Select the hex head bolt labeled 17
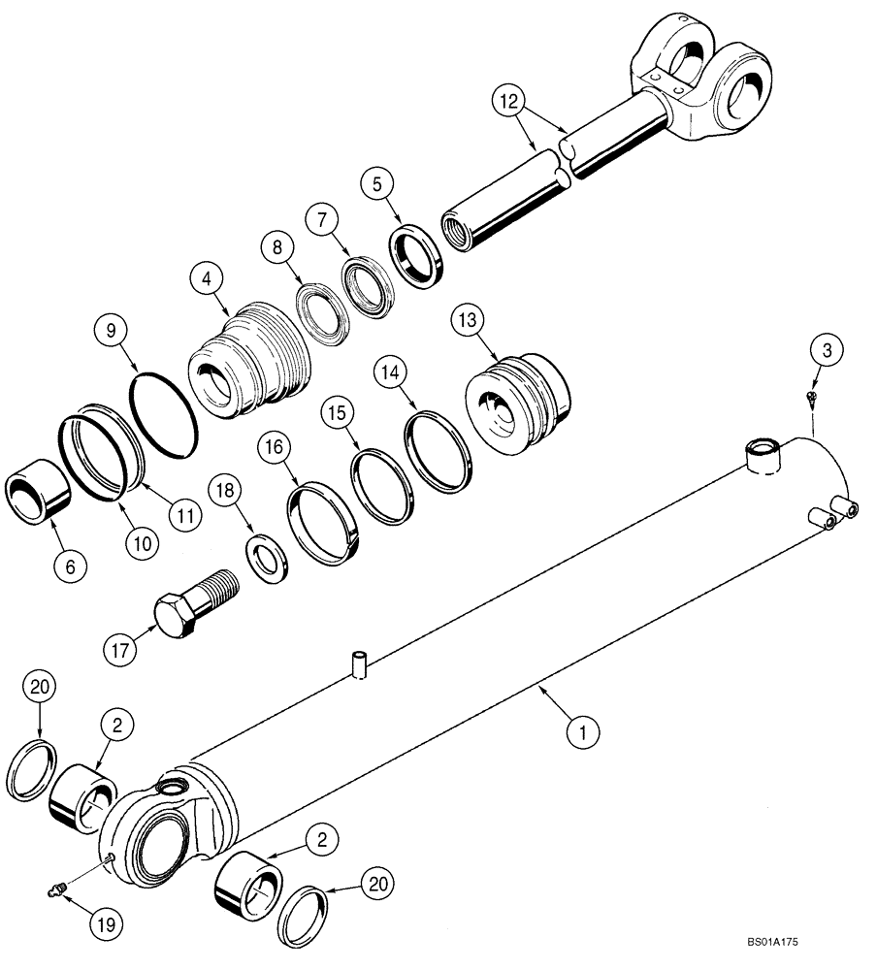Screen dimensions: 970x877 195,601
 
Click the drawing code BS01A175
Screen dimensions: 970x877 772,941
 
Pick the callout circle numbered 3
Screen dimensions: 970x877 826,351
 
